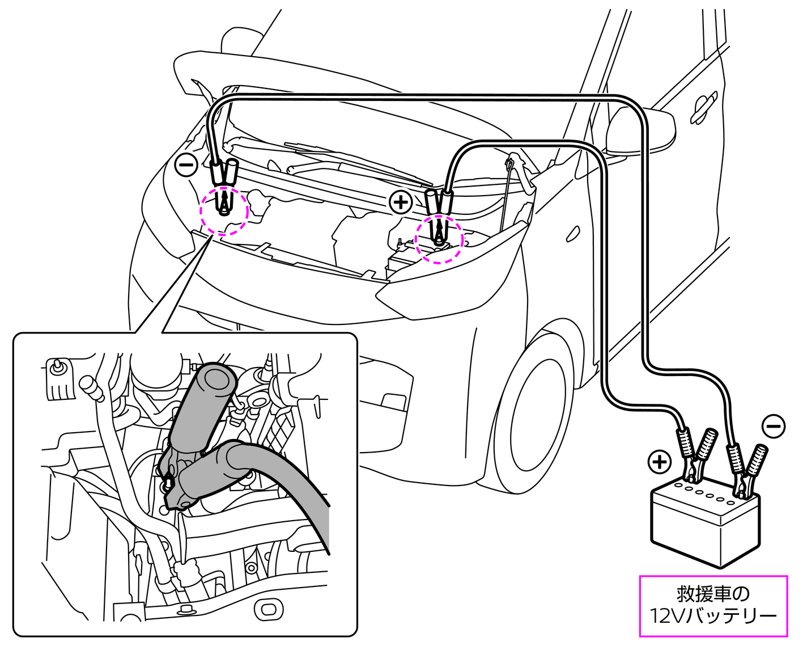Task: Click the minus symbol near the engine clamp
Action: tap(186, 165)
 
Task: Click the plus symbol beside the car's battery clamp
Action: tap(401, 202)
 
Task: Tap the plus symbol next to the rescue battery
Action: tap(659, 462)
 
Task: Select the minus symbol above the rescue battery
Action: tap(774, 426)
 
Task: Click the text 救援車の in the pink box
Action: tap(713, 594)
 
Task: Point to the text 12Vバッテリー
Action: tap(713, 616)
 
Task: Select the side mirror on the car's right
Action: tap(640, 130)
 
